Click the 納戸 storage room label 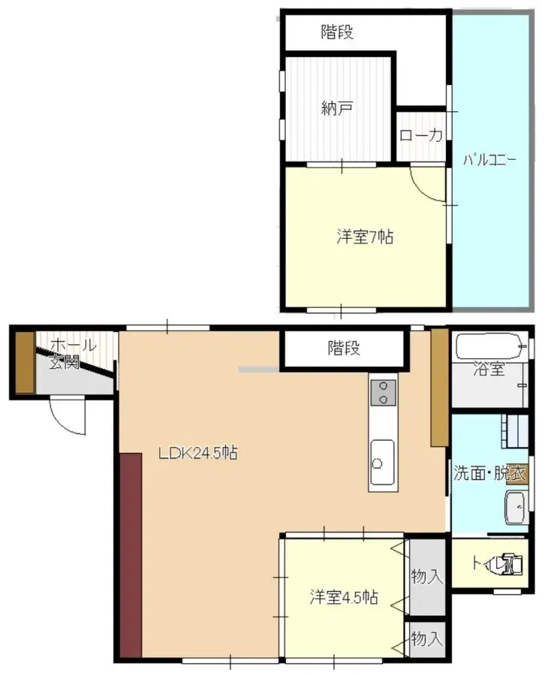[337, 109]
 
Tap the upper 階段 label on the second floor [337, 32]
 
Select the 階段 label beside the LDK [344, 349]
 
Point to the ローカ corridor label [420, 135]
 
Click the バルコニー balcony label [489, 159]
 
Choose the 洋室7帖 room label [364, 237]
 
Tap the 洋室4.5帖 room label [344, 599]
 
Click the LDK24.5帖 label [198, 453]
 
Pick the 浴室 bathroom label [488, 370]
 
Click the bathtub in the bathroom [488, 348]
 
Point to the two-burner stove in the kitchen [383, 392]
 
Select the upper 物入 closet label [427, 576]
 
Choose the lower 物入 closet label [427, 639]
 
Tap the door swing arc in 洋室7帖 [426, 185]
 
